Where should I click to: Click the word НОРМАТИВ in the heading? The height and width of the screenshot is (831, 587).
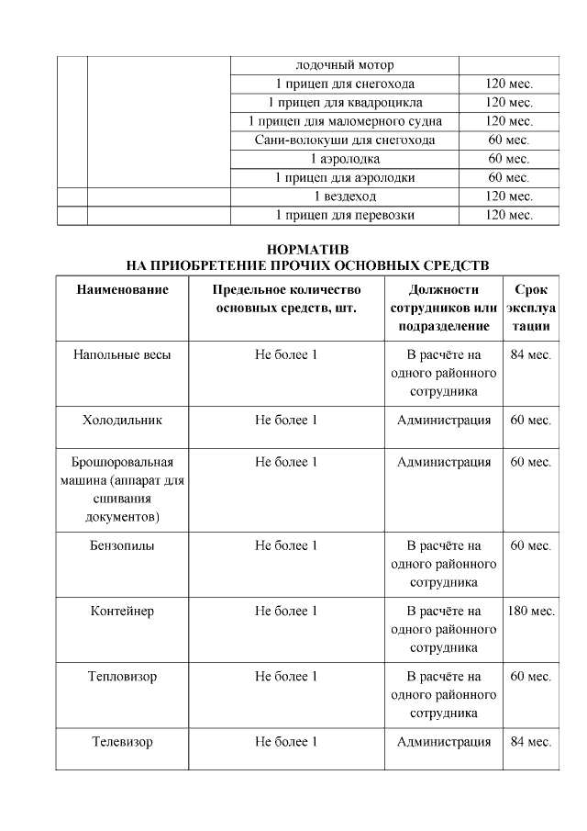(x=306, y=249)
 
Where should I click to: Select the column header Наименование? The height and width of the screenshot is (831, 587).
(x=122, y=289)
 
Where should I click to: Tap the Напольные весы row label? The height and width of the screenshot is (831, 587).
(x=122, y=354)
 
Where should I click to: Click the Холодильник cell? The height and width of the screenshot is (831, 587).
(x=122, y=420)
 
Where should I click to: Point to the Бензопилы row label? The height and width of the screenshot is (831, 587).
(x=122, y=545)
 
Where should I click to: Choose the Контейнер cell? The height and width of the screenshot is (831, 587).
(x=122, y=611)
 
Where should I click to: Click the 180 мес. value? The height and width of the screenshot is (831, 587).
(x=531, y=611)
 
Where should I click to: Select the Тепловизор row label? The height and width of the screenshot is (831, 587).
(x=122, y=677)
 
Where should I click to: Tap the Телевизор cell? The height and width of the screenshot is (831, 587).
(x=122, y=742)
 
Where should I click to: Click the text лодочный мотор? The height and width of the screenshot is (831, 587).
(x=345, y=65)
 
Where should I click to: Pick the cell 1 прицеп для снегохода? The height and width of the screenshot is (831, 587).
(x=345, y=84)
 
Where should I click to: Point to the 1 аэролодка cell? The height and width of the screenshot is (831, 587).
(x=345, y=159)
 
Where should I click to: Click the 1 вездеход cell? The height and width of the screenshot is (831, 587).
(x=345, y=197)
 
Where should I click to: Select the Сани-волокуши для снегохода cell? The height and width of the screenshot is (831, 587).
(x=345, y=140)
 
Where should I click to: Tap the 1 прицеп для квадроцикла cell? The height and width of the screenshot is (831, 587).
(x=345, y=102)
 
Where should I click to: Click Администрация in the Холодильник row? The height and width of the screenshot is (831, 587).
(x=444, y=420)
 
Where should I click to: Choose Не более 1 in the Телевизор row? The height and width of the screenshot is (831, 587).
(x=286, y=742)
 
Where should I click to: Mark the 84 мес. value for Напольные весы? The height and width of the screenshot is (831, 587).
(x=531, y=354)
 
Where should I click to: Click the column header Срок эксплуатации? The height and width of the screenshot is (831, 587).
(x=531, y=308)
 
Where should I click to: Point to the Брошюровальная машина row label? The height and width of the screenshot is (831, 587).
(x=122, y=489)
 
